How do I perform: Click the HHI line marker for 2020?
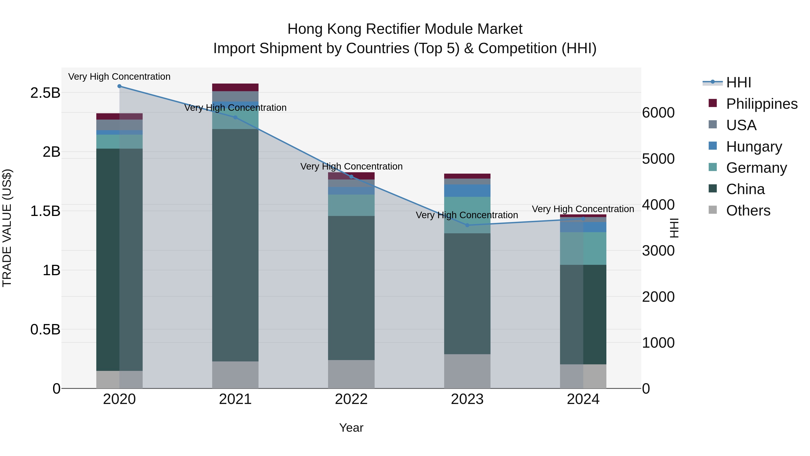119,86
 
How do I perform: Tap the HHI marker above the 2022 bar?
351,177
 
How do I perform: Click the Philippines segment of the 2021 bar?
235,87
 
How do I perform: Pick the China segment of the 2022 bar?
351,288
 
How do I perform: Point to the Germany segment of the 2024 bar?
583,248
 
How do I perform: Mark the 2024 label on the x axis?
583,399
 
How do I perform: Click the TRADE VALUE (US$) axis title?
7,228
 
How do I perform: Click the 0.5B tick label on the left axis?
45,329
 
